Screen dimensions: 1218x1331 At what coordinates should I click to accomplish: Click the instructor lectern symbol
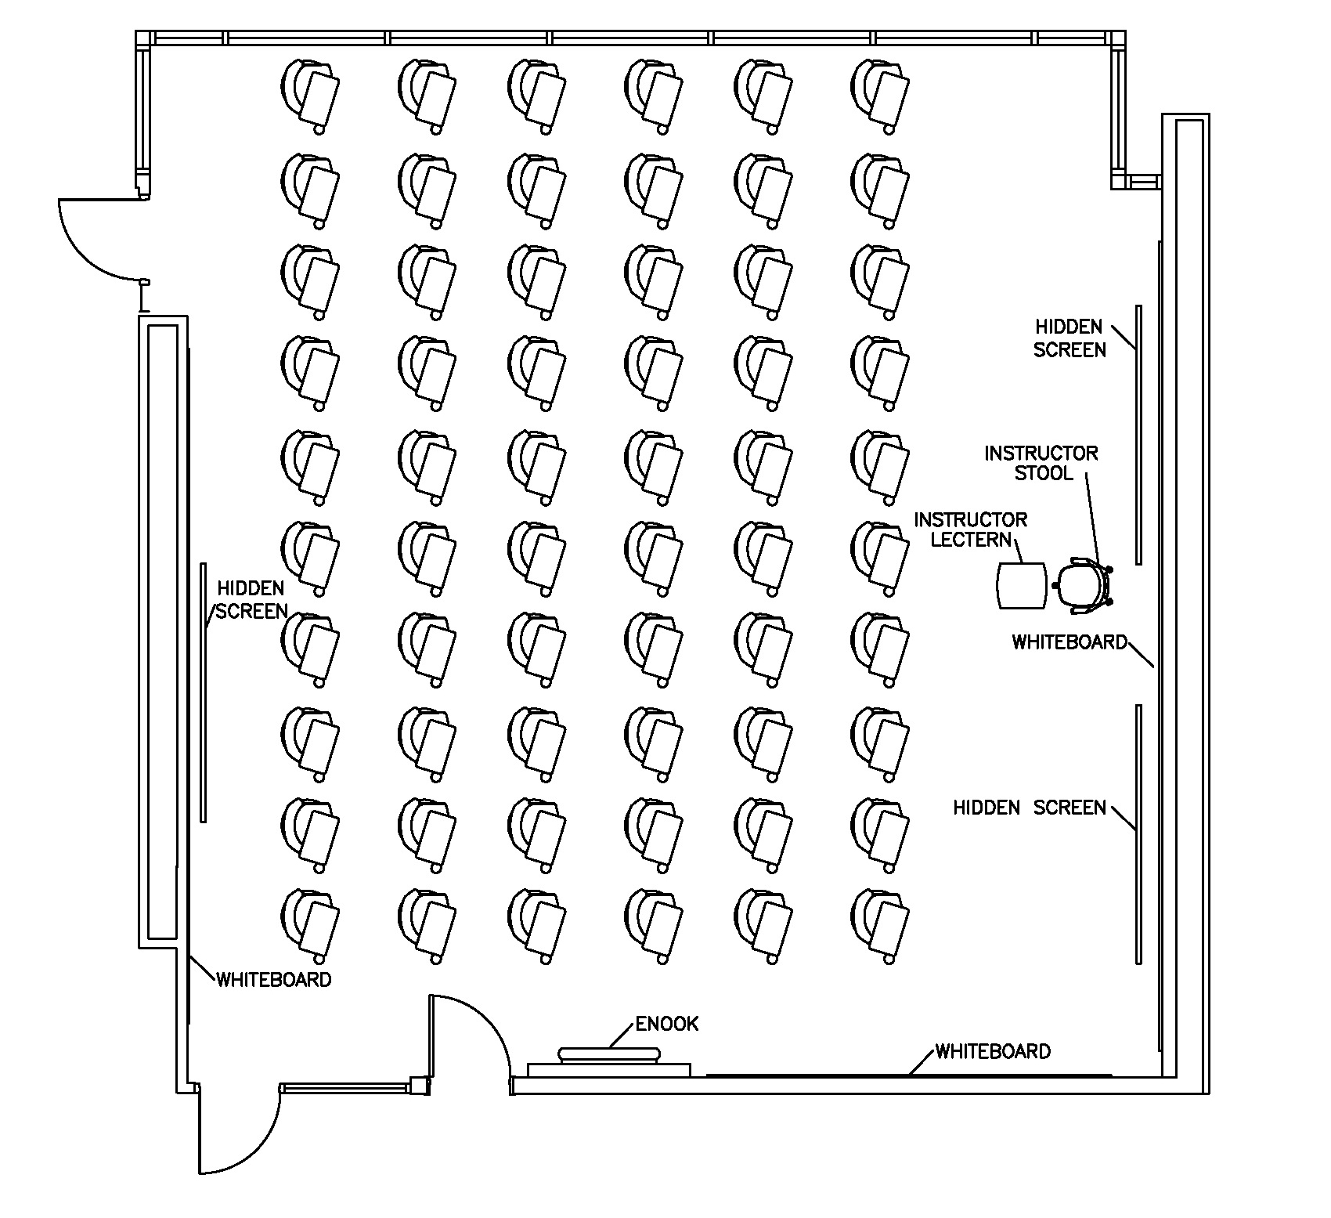(1022, 586)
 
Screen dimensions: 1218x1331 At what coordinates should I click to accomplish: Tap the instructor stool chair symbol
(1082, 584)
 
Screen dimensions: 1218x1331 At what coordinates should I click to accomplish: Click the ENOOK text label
(666, 1024)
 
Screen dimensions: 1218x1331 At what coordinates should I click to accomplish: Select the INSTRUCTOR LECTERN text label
(970, 529)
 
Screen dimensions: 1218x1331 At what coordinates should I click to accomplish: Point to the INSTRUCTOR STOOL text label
(1041, 463)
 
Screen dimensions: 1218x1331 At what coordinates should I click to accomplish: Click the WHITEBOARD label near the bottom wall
(993, 1051)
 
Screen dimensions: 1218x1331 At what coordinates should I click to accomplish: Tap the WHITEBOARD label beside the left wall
(273, 979)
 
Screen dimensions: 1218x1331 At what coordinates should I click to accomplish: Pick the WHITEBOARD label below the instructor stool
(1069, 642)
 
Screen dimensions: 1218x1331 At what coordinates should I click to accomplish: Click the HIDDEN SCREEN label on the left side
(251, 600)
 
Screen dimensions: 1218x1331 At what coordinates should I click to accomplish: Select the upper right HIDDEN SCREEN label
(1069, 338)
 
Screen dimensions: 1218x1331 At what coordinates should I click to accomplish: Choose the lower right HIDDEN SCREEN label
(1029, 808)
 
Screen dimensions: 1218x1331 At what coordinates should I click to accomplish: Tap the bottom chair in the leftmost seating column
(310, 925)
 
